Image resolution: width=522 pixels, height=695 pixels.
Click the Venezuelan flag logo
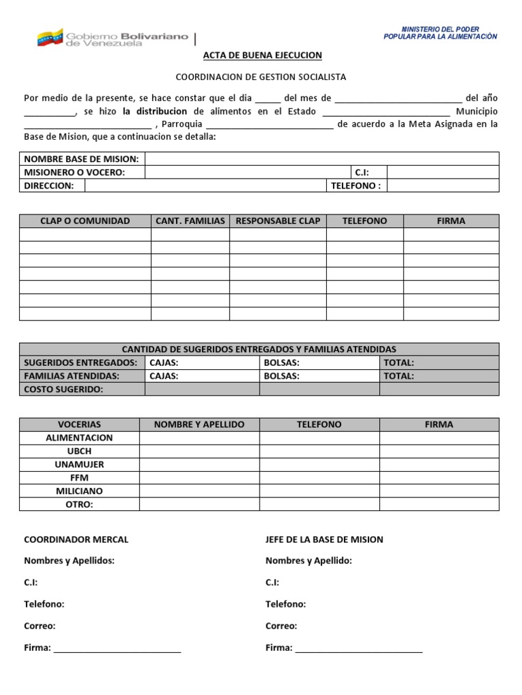pyautogui.click(x=50, y=37)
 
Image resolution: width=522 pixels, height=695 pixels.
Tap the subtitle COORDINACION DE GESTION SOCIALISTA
pyautogui.click(x=261, y=77)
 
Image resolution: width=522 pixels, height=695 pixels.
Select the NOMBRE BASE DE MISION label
pyautogui.click(x=81, y=159)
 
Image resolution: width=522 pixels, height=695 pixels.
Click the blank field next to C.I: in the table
pyautogui.click(x=442, y=172)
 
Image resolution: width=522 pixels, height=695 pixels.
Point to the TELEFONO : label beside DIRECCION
pyautogui.click(x=355, y=186)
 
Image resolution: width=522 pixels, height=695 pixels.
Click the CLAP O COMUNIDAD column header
pyautogui.click(x=85, y=221)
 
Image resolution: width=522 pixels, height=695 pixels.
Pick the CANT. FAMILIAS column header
pyautogui.click(x=190, y=221)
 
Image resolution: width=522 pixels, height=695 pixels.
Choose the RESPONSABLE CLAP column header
pyautogui.click(x=277, y=221)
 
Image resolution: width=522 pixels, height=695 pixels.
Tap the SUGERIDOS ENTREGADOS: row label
pyautogui.click(x=81, y=362)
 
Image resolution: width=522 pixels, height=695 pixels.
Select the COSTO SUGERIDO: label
pyautogui.click(x=63, y=389)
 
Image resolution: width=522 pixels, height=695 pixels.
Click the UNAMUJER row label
pyautogui.click(x=80, y=464)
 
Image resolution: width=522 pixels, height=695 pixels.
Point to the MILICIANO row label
pyautogui.click(x=80, y=491)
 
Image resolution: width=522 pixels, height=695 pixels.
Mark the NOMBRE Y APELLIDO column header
pyautogui.click(x=199, y=424)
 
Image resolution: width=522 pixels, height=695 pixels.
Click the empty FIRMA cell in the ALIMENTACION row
pyautogui.click(x=439, y=438)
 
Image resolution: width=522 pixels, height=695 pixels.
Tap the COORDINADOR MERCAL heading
pyautogui.click(x=76, y=540)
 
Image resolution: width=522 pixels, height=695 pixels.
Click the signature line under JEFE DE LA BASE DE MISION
pyautogui.click(x=359, y=650)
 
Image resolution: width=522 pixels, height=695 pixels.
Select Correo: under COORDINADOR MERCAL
pyautogui.click(x=39, y=626)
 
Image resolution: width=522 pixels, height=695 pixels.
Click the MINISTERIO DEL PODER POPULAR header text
pyautogui.click(x=449, y=33)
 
